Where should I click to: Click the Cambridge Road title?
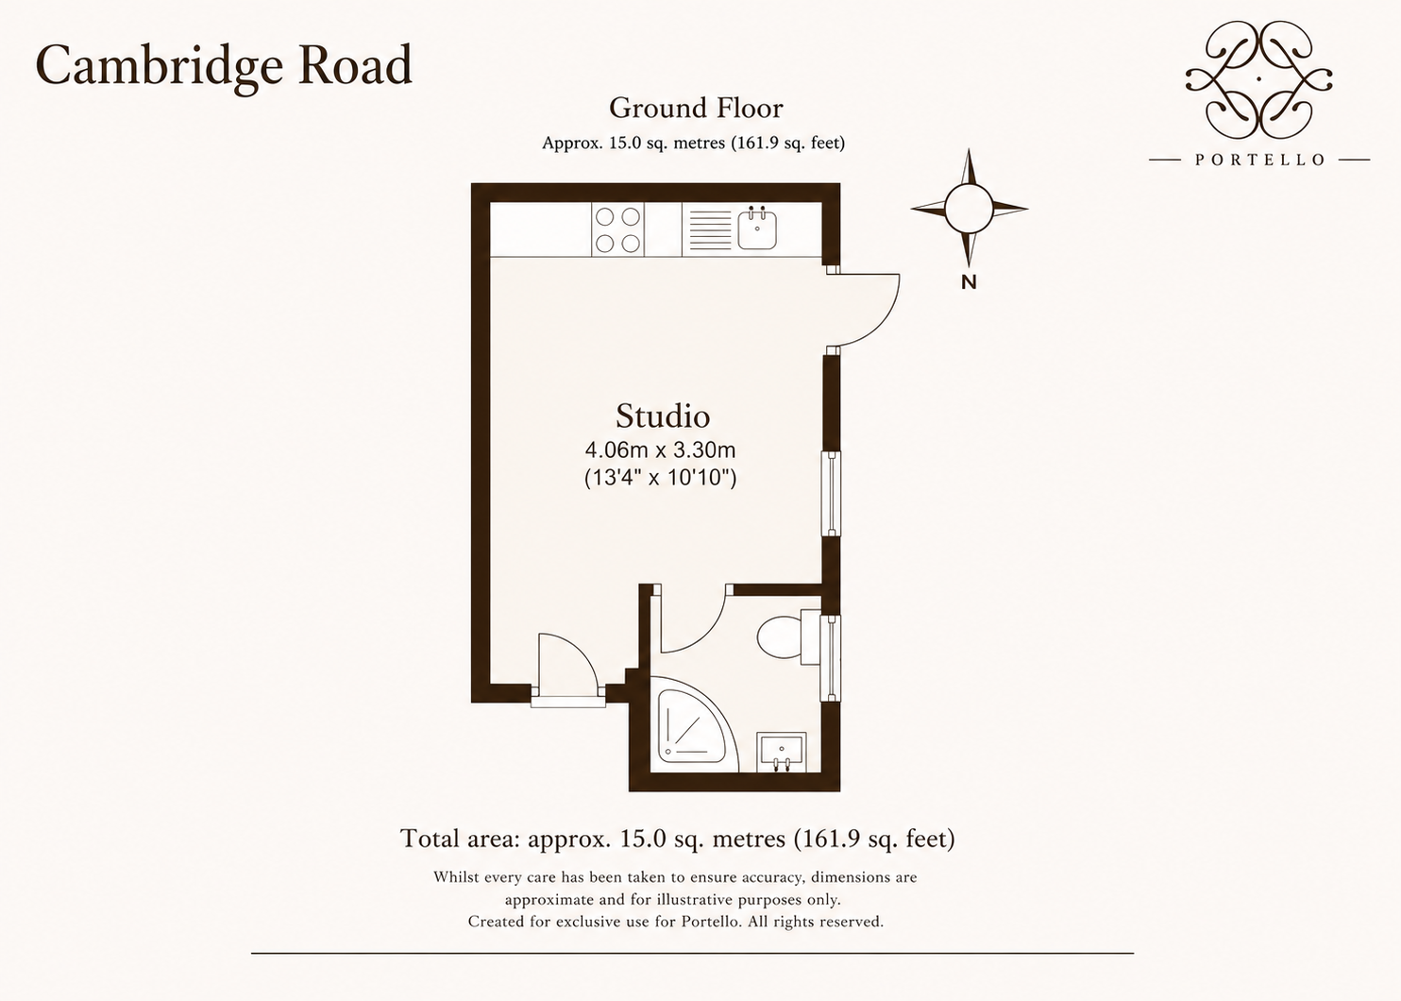(224, 66)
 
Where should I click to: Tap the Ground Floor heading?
(696, 109)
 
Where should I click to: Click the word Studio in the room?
(663, 416)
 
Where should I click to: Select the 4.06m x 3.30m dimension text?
(660, 450)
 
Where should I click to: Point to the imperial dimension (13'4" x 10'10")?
(660, 477)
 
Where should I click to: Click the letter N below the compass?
(969, 282)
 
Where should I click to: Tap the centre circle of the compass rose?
(969, 209)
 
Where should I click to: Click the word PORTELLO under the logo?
(1259, 161)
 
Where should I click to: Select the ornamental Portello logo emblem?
(1258, 80)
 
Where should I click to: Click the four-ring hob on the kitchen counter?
(617, 229)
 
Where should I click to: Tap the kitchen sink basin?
(757, 229)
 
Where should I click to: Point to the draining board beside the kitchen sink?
(710, 229)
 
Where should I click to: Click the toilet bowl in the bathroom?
(779, 637)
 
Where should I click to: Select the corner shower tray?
(695, 724)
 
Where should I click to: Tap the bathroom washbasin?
(781, 752)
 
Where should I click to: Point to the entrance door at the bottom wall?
(568, 670)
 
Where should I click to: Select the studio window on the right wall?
(831, 494)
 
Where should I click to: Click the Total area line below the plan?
(677, 839)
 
